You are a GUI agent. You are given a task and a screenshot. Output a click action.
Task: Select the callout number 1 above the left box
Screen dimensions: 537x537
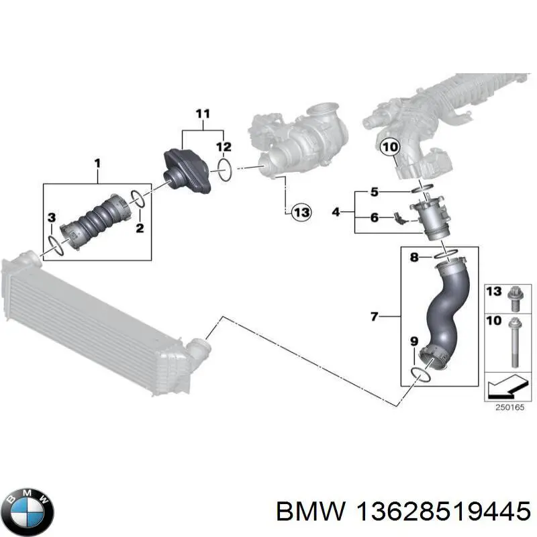point(97,163)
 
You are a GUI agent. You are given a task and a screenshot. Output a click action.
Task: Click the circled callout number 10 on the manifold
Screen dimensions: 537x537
point(390,146)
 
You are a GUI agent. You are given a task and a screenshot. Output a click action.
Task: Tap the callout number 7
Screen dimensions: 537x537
point(375,315)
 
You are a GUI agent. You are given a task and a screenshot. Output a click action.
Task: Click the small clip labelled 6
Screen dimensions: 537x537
point(401,218)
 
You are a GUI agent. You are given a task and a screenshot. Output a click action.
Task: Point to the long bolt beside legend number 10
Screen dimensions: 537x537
point(514,342)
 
